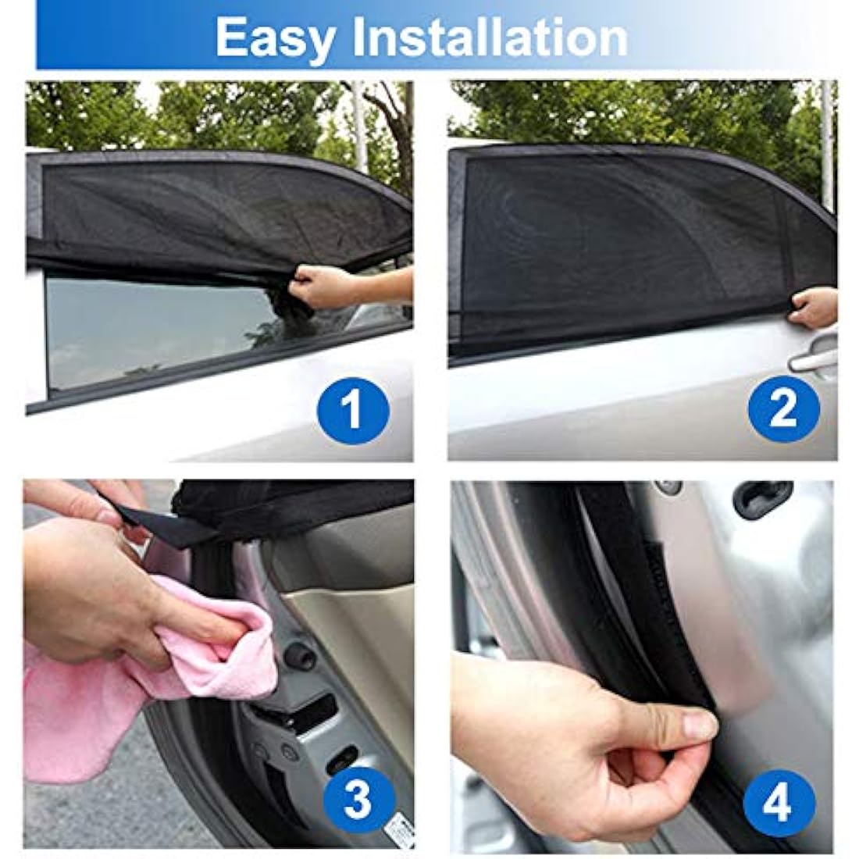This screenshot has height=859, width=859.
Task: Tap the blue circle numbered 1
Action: (353, 409)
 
